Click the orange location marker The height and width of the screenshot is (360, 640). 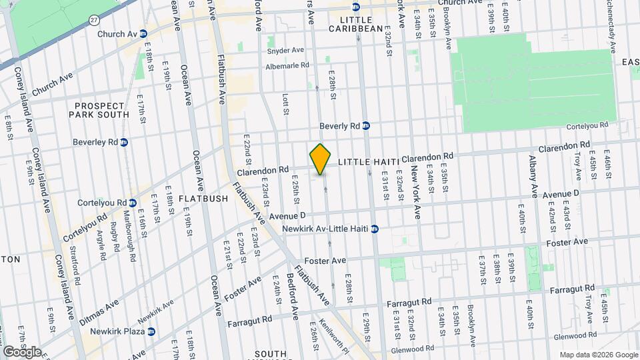coord(321,159)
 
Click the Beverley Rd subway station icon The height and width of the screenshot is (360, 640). coord(125,142)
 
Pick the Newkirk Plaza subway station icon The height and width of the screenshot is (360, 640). coord(152,331)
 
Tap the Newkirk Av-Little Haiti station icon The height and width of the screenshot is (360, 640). coord(375,229)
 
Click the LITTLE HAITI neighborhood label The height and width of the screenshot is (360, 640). coord(368,162)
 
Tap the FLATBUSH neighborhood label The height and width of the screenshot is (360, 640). coord(204,199)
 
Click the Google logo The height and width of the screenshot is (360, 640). coord(22,351)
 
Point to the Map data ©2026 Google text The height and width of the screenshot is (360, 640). coord(598,355)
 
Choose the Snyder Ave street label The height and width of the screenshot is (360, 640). coord(285,50)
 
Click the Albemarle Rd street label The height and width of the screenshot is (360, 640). coord(288,65)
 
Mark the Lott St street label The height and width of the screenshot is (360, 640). coord(285,103)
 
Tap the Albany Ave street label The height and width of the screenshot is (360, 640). coord(533,177)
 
